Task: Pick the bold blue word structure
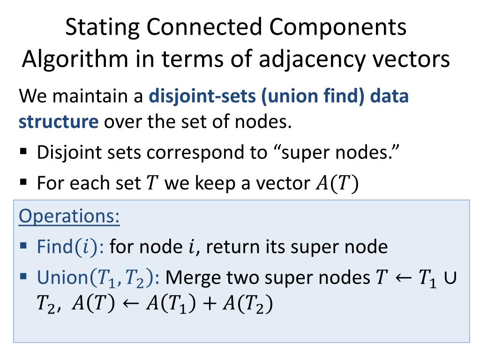[59, 122]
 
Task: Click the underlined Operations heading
[69, 217]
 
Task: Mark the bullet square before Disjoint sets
[24, 152]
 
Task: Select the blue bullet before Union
[24, 277]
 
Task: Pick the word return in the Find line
[232, 247]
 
